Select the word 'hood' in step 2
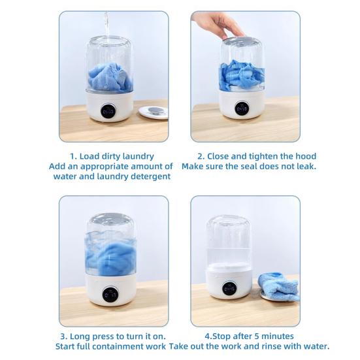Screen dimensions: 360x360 pyautogui.click(x=303, y=156)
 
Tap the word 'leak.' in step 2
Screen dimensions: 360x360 pyautogui.click(x=304, y=166)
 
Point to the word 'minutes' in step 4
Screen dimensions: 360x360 pyautogui.click(x=296, y=336)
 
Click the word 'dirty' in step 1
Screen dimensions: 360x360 pyautogui.click(x=116, y=156)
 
